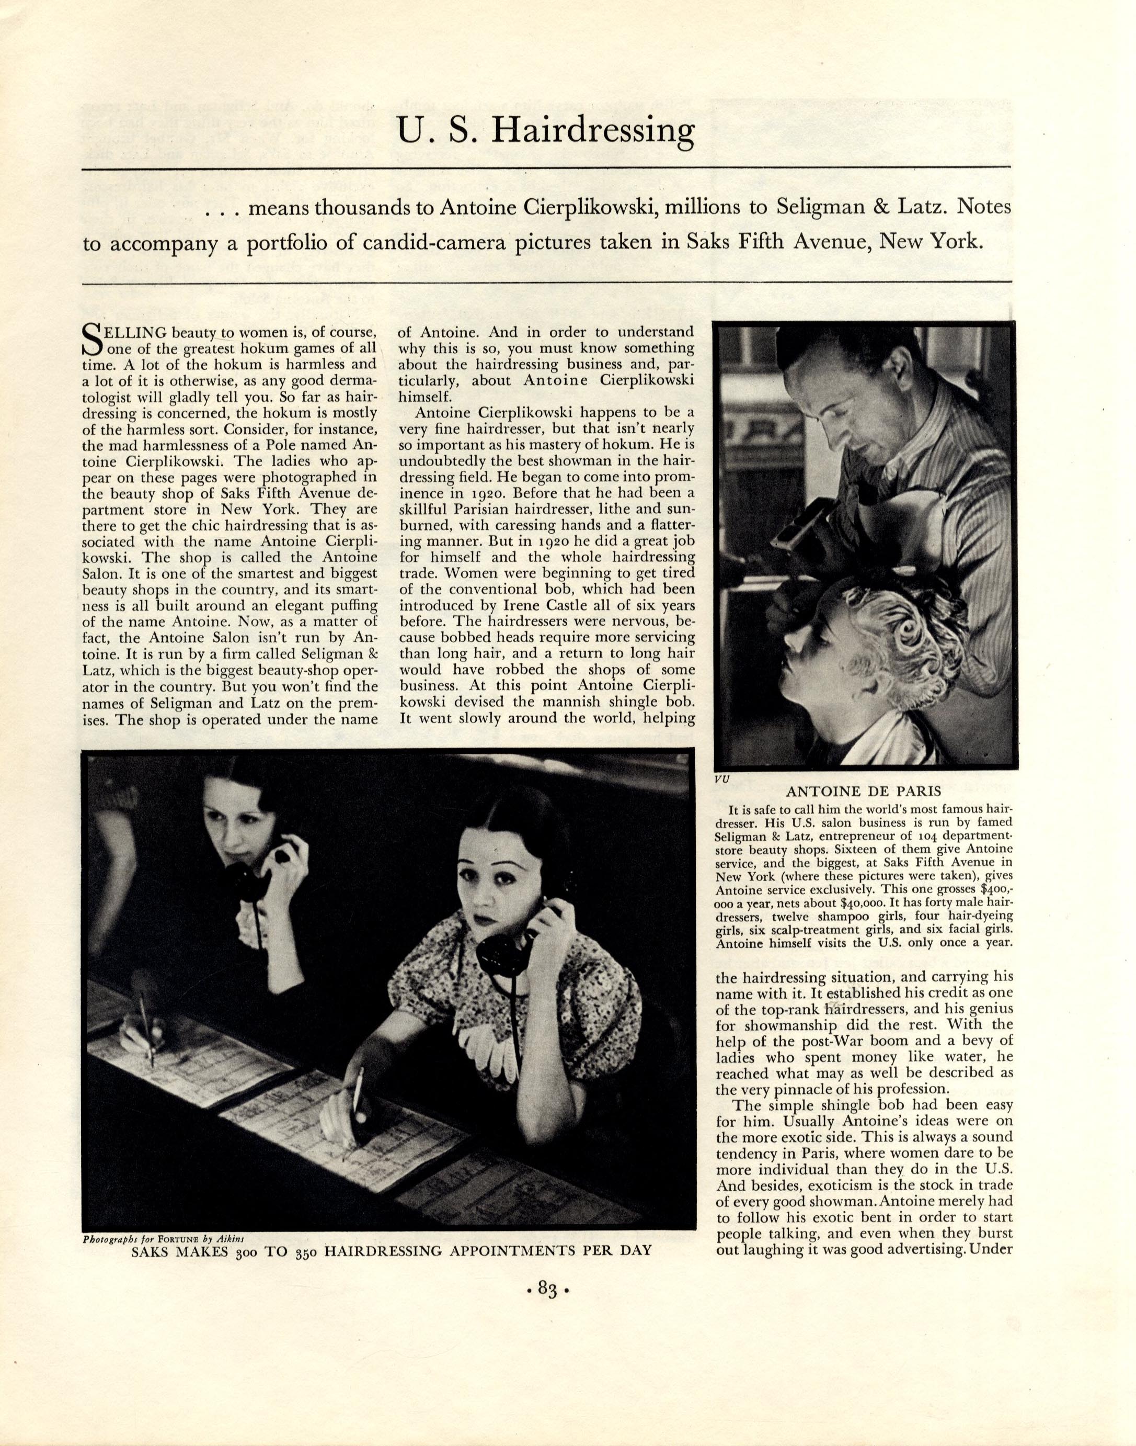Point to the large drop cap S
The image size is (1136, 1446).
pyautogui.click(x=90, y=338)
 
